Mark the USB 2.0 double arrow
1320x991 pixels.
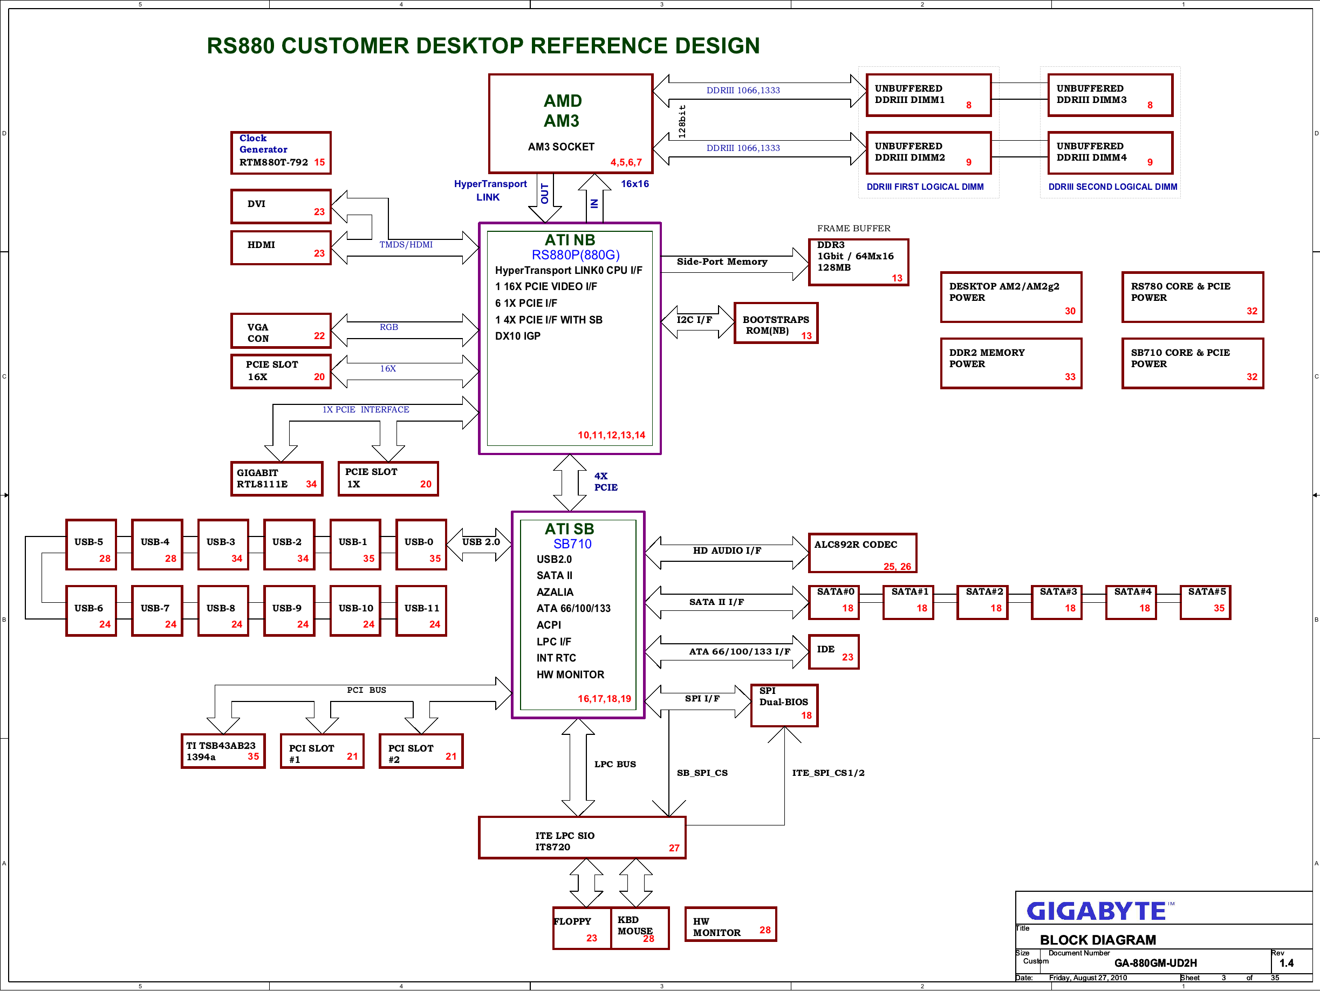pos(479,545)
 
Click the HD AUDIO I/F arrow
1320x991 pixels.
pos(727,553)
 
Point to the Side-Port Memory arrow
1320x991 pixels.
pos(735,264)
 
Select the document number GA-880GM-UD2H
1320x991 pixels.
pos(1155,963)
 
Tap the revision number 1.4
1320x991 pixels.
pos(1287,963)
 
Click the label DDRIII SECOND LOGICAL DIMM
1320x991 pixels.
pos(1112,187)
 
